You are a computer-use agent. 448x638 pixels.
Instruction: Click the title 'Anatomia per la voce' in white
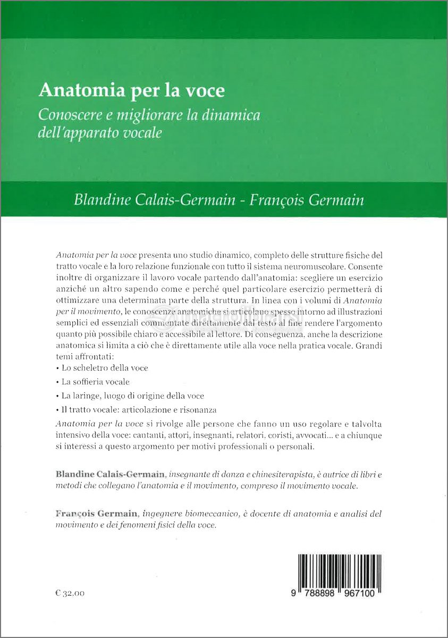point(131,91)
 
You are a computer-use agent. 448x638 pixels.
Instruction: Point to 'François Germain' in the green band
point(308,201)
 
